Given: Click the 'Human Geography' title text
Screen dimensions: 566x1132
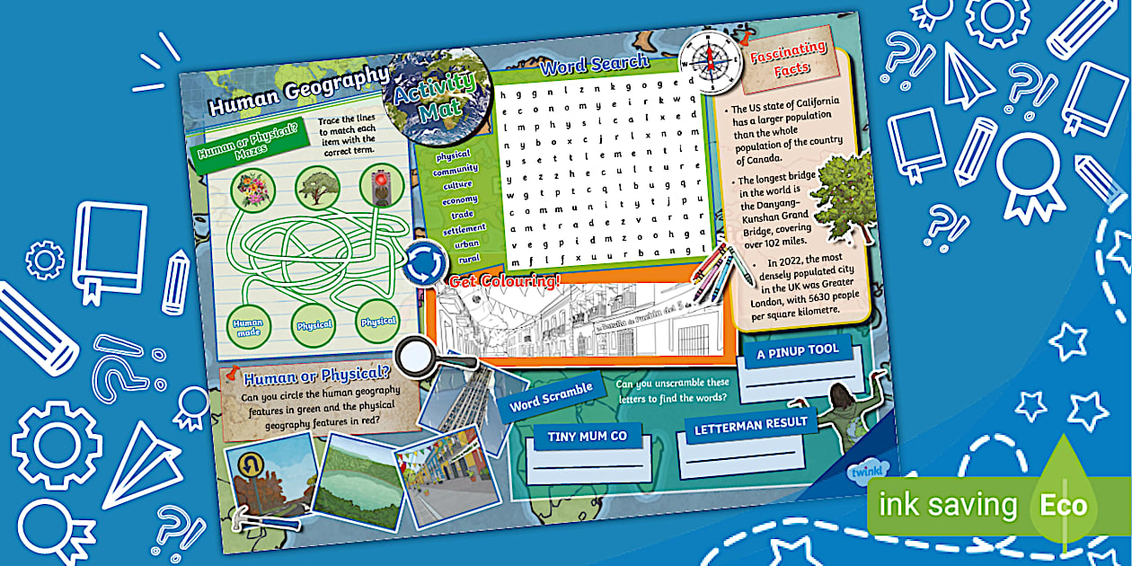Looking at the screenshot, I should tap(297, 92).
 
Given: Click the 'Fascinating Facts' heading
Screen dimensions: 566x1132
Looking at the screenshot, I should tap(788, 58).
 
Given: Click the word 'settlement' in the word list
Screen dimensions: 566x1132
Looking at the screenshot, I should tap(464, 229).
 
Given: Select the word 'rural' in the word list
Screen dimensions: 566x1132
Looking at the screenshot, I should tap(469, 259).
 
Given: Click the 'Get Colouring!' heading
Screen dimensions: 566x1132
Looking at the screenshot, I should tap(504, 281).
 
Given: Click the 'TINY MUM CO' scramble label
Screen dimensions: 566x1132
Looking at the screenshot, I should tap(587, 438).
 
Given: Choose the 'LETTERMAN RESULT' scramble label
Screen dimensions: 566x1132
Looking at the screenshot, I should tap(750, 424).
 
